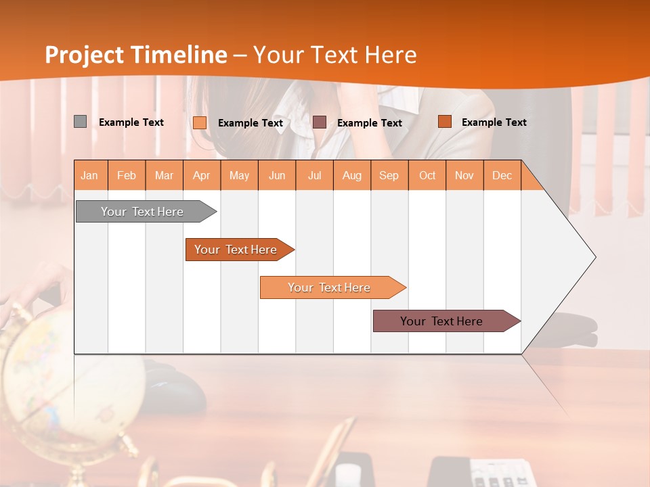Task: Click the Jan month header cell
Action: click(90, 175)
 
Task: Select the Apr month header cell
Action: click(202, 175)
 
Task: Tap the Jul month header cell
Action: click(314, 175)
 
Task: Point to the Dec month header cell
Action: click(502, 175)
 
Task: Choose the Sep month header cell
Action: click(389, 175)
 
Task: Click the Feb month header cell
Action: click(127, 175)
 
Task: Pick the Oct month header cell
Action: click(427, 175)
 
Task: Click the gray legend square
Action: click(80, 122)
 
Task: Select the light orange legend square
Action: click(200, 122)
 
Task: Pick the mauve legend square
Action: click(320, 122)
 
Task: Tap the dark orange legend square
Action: click(444, 122)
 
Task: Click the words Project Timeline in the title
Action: click(136, 55)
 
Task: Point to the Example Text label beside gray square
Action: click(131, 122)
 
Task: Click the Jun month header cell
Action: click(277, 175)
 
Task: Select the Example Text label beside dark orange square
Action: click(494, 122)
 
